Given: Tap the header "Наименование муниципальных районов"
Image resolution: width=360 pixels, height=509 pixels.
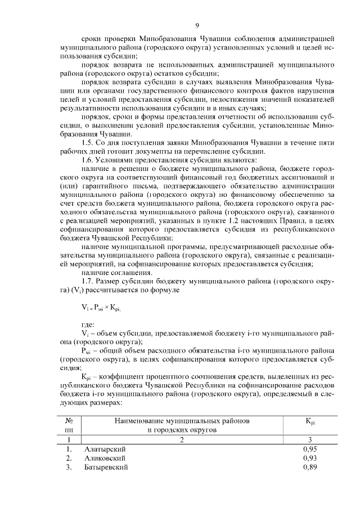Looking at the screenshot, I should coord(182,421).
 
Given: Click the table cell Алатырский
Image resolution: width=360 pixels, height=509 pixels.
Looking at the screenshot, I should coord(105,449).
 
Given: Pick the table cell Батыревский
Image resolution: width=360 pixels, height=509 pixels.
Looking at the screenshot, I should coord(106,467).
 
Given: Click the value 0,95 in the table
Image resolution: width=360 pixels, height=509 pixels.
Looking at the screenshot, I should coord(309,449).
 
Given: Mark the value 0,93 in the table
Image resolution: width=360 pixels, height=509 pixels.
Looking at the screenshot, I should coord(309,458).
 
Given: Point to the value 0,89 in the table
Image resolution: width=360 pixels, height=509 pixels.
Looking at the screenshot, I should coord(309,467).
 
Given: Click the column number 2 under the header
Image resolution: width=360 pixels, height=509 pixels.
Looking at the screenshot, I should coord(182,440).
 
